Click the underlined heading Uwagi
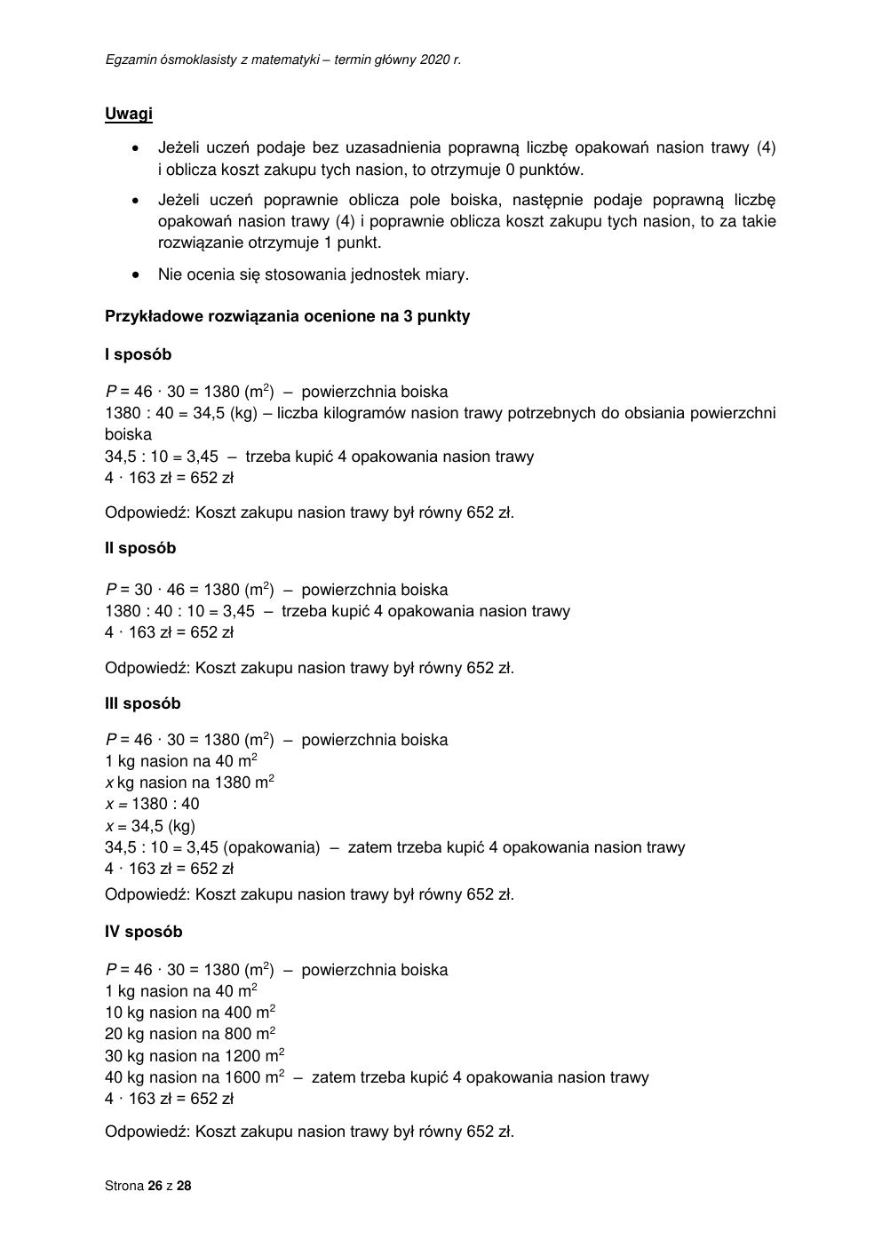click(x=128, y=114)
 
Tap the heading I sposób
click(x=138, y=354)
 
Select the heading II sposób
click(x=140, y=548)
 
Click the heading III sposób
click(x=142, y=703)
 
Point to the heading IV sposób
click(x=143, y=932)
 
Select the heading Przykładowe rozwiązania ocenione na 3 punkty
click(x=287, y=316)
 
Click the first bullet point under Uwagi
click(x=136, y=148)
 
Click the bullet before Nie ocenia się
click(x=136, y=274)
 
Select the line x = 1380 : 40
click(x=152, y=804)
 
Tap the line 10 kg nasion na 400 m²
click(x=190, y=1013)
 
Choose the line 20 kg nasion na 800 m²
click(x=190, y=1034)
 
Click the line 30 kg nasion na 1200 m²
click(x=195, y=1056)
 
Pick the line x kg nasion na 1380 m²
click(x=189, y=782)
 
